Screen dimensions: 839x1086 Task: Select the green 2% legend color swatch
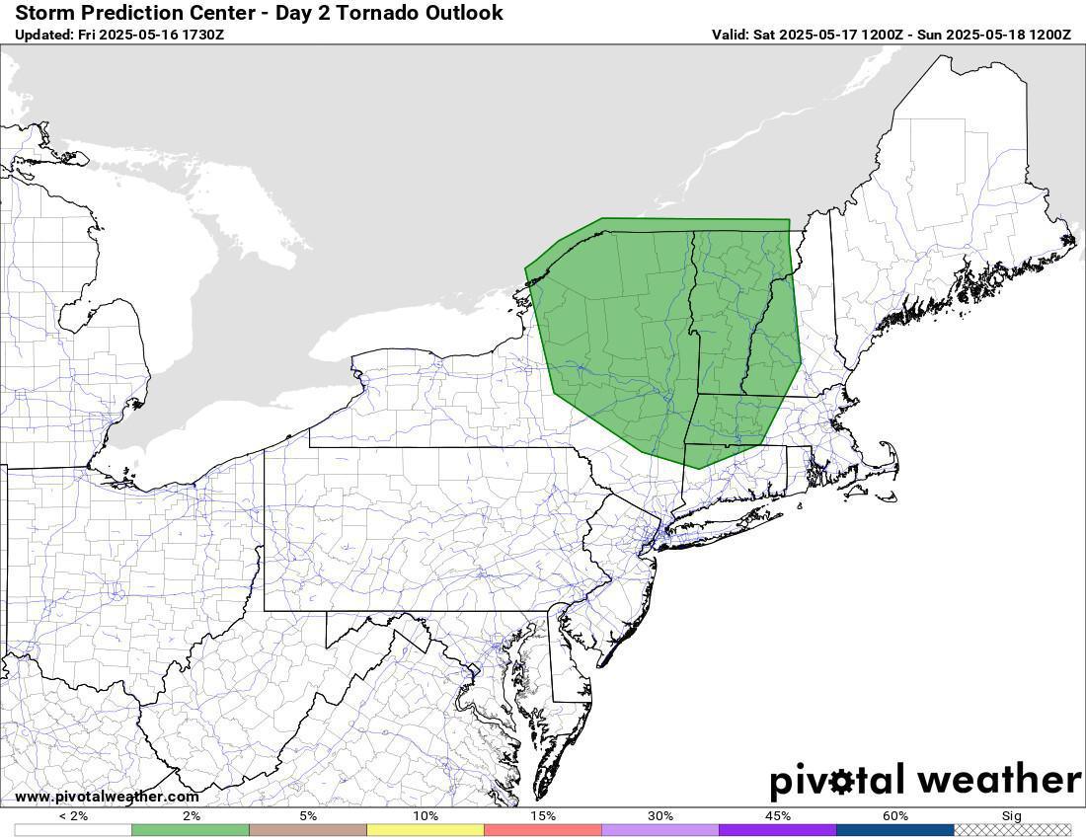(191, 830)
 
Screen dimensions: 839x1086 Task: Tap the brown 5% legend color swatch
(308, 830)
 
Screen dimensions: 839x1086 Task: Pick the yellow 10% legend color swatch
(426, 830)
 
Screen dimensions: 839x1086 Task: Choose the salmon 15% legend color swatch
(543, 830)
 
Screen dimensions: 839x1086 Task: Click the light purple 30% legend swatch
(660, 830)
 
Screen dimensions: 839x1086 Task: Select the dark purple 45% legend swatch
(778, 830)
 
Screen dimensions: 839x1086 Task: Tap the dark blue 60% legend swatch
(895, 830)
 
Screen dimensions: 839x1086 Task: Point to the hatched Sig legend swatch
(1012, 830)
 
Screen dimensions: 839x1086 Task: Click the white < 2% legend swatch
(73, 830)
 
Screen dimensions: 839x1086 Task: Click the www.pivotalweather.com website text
(107, 797)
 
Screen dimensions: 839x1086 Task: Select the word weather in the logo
(997, 780)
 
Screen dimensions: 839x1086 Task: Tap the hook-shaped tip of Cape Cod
(886, 446)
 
